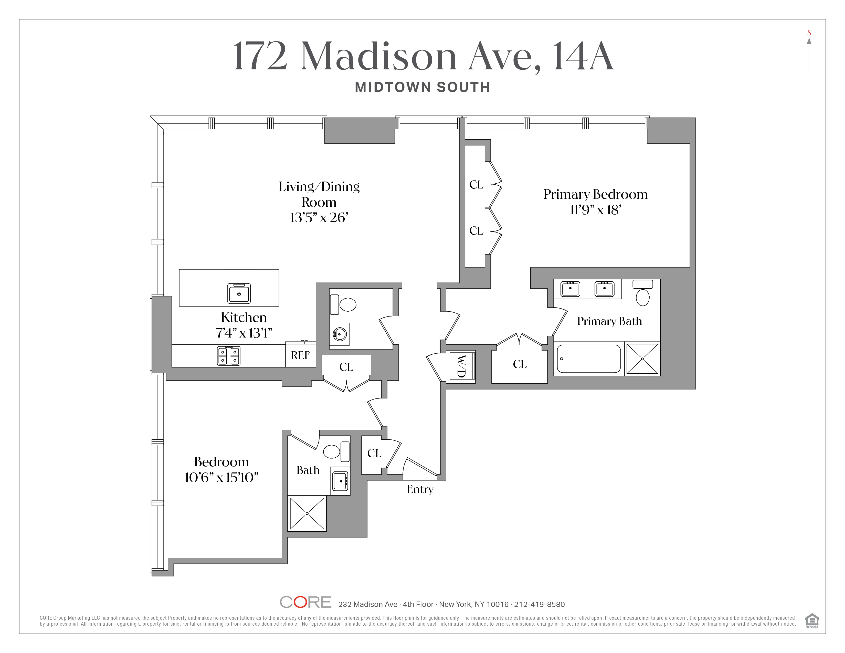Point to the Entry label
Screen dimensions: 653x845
tap(420, 489)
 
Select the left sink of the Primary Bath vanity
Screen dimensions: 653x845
tap(570, 289)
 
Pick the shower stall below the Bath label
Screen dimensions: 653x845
tap(307, 513)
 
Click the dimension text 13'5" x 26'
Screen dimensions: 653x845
tap(319, 218)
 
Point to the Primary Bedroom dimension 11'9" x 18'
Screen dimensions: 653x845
tap(595, 210)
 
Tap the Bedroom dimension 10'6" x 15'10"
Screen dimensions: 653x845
tap(221, 478)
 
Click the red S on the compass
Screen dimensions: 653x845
tap(809, 33)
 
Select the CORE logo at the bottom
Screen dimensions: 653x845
tap(305, 602)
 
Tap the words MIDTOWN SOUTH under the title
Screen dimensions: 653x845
tap(422, 87)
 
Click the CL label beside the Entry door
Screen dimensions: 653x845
tap(374, 453)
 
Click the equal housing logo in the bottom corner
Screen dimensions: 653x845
tap(812, 620)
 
